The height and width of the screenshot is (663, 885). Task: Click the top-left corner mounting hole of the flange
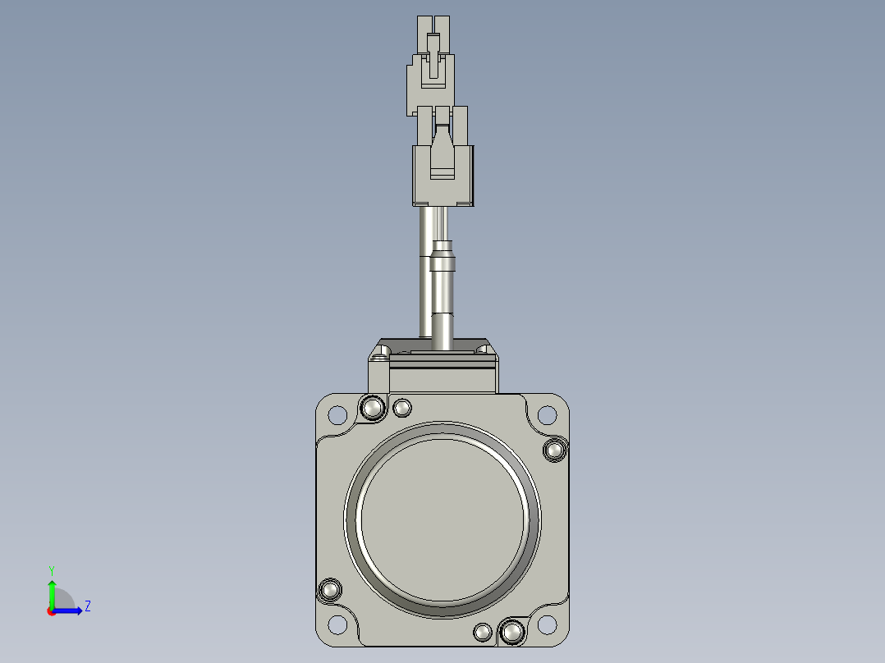[337, 414]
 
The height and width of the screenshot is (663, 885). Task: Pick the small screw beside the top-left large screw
[403, 408]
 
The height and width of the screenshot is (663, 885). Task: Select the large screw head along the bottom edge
[511, 632]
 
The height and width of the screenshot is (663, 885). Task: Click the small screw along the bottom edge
[484, 631]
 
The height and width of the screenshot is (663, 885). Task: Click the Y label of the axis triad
[51, 569]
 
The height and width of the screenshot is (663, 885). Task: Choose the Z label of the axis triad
[87, 606]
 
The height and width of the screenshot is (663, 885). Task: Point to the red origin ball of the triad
[51, 610]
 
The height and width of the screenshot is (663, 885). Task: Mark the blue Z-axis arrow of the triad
[70, 610]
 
